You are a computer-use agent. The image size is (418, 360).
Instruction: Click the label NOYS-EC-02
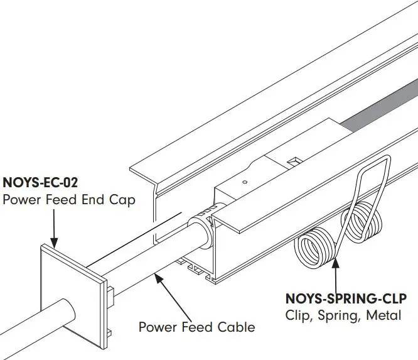pos(41,184)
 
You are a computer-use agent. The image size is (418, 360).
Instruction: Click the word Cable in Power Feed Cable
pos(236,327)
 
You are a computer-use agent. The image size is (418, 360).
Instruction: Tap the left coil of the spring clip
pos(313,248)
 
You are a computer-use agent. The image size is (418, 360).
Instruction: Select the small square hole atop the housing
pos(292,163)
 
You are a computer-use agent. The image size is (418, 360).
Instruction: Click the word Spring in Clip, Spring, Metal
pos(338,315)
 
